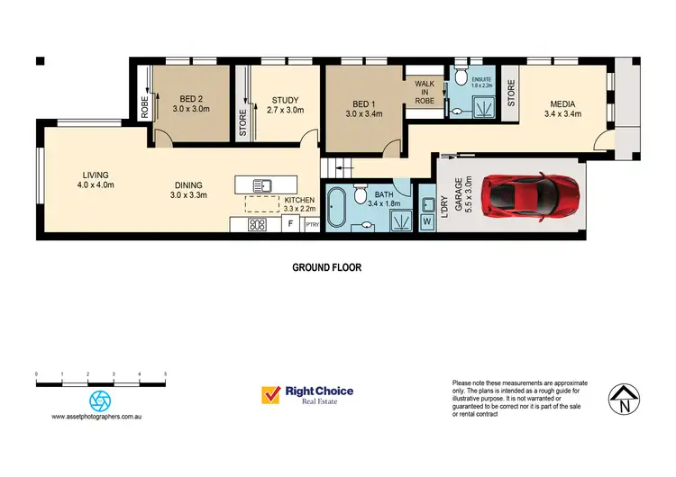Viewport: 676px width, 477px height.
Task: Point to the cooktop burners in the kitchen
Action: point(256,225)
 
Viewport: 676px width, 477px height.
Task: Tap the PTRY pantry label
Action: point(312,225)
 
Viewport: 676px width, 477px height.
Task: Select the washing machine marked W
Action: point(427,220)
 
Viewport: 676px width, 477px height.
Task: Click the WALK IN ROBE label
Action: point(425,93)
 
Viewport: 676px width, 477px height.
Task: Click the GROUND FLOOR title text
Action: point(326,267)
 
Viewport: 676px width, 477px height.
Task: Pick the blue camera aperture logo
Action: point(100,400)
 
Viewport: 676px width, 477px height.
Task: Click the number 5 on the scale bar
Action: point(165,373)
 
